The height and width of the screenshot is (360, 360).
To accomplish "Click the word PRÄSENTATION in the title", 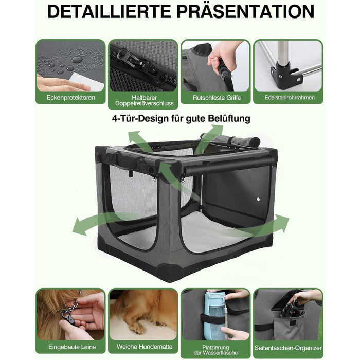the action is [245, 11].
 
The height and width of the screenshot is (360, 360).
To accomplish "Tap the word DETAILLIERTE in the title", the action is [109, 12].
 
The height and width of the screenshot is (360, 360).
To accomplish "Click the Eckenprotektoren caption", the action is [71, 97].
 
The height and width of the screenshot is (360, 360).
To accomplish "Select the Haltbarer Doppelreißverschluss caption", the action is [144, 101].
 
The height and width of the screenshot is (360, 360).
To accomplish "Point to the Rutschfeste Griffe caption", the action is [217, 98].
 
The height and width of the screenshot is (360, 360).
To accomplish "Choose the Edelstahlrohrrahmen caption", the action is [290, 97].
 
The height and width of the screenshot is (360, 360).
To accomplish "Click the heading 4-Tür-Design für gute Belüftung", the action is [181, 119].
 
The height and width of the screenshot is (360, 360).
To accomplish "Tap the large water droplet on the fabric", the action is [77, 60].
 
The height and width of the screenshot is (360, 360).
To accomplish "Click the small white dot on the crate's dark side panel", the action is [258, 200].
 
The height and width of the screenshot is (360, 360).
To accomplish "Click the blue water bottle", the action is [215, 316].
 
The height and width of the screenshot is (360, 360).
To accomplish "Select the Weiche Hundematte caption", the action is [145, 347].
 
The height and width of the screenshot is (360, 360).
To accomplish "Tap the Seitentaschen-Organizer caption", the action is [288, 348].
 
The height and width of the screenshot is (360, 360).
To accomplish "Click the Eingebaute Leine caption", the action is [72, 347].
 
